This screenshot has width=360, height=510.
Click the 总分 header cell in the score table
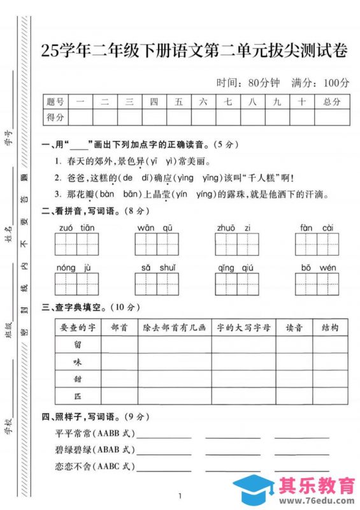point(331,101)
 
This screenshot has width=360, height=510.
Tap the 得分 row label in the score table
point(55,117)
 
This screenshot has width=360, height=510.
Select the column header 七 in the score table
point(228,101)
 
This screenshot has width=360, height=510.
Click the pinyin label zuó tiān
point(76,228)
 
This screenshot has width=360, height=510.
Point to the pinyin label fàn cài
point(316,228)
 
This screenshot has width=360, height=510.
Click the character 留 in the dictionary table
point(78,344)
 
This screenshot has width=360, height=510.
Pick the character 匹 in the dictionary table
point(78,396)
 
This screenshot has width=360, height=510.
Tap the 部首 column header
point(119,327)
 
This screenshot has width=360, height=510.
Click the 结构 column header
point(331,327)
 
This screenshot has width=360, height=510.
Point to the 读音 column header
point(294,327)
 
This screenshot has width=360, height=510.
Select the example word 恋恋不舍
point(74,466)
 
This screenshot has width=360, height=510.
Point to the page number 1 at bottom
point(180,496)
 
